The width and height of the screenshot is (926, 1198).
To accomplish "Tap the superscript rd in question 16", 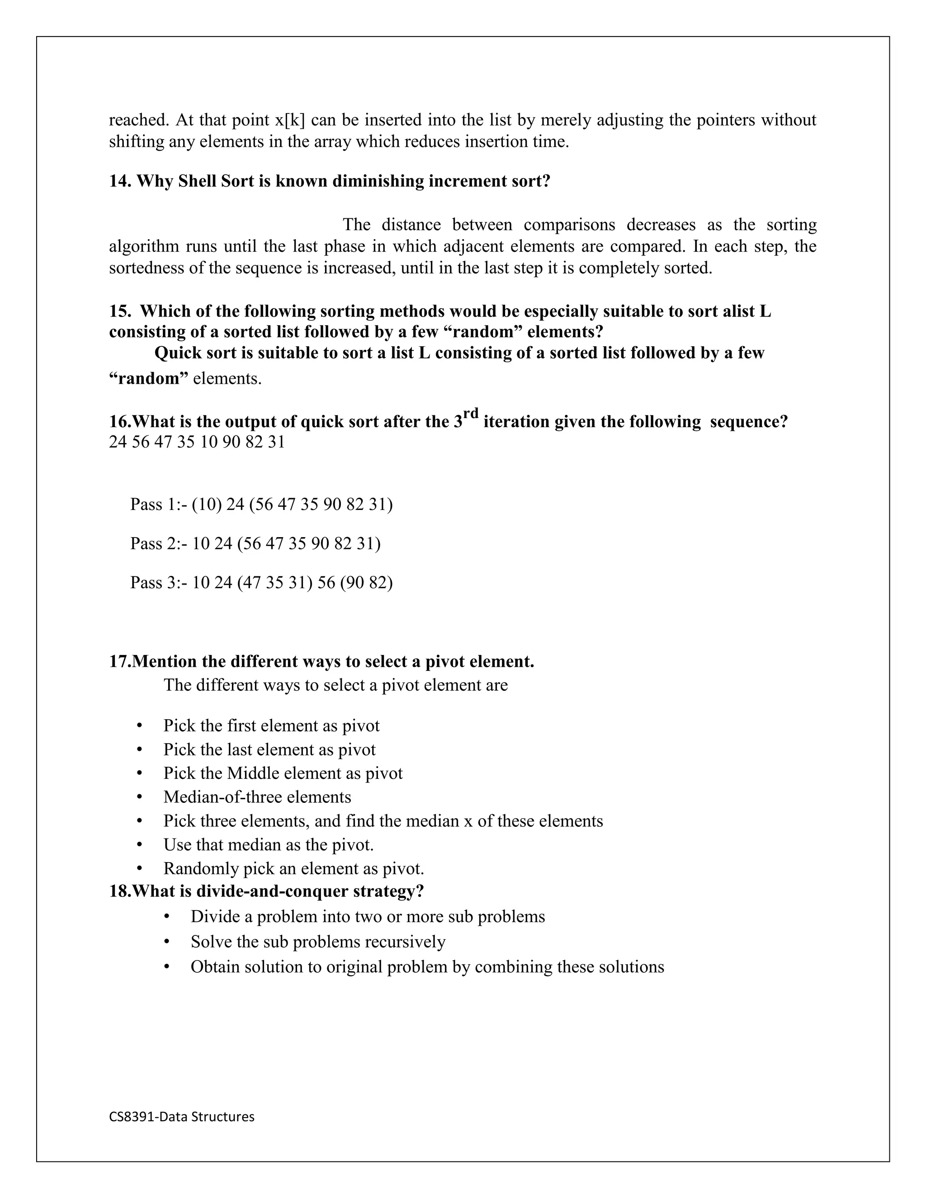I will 471,412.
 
